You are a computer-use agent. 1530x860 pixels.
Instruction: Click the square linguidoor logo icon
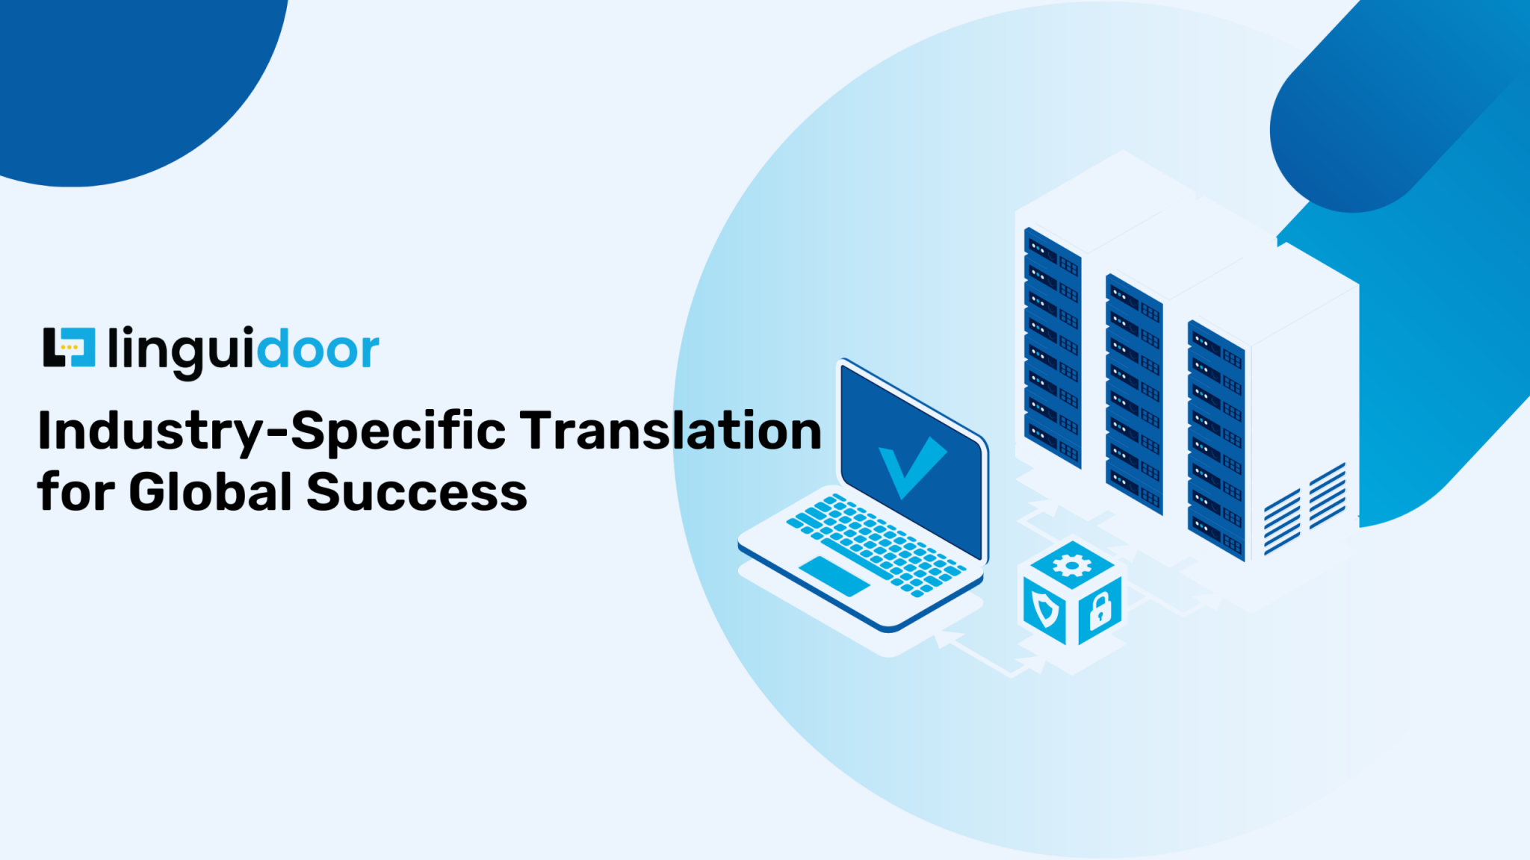tap(69, 347)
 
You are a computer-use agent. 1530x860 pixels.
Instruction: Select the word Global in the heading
tap(210, 493)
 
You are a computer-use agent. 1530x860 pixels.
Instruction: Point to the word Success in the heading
tap(416, 493)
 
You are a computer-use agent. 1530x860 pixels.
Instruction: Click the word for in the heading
tap(75, 493)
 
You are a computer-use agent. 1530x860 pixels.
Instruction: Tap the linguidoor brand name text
tap(244, 349)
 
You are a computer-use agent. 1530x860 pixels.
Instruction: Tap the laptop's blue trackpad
tap(834, 576)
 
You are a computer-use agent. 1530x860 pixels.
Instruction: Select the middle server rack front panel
tap(1134, 394)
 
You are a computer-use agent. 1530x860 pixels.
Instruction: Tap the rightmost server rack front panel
tap(1215, 440)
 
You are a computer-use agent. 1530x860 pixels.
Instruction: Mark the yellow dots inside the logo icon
tap(69, 347)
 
